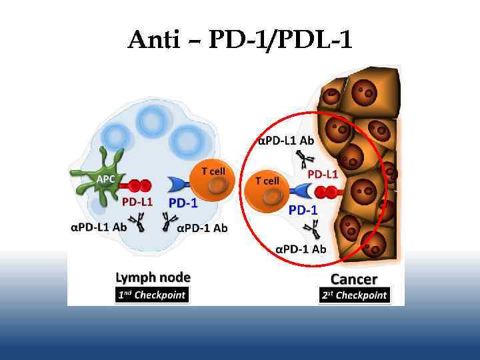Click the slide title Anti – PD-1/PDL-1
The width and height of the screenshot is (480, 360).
pyautogui.click(x=239, y=41)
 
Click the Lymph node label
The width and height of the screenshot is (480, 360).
pyautogui.click(x=153, y=277)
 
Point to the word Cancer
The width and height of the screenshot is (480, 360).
pyautogui.click(x=353, y=279)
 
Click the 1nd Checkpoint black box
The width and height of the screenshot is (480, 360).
pyautogui.click(x=152, y=294)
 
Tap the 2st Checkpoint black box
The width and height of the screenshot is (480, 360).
pyautogui.click(x=353, y=295)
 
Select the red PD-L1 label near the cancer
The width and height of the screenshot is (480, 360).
pyautogui.click(x=322, y=174)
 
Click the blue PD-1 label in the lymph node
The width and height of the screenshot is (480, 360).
pyautogui.click(x=183, y=203)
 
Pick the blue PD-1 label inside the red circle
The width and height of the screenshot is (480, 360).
pyautogui.click(x=303, y=209)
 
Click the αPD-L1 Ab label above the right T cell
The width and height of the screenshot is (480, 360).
pyautogui.click(x=286, y=141)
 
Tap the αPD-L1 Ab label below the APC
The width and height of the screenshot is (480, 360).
pyautogui.click(x=99, y=226)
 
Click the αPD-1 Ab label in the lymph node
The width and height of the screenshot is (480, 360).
pyautogui.click(x=203, y=228)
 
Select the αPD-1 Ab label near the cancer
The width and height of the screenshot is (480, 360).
pyautogui.click(x=301, y=249)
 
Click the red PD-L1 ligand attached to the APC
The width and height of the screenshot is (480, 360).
pyautogui.click(x=139, y=185)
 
